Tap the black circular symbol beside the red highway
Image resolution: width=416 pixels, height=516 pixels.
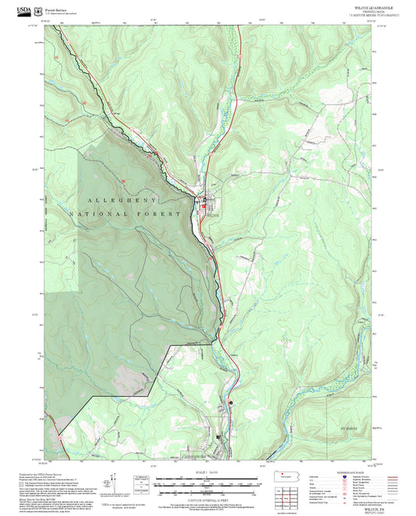(231, 402)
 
